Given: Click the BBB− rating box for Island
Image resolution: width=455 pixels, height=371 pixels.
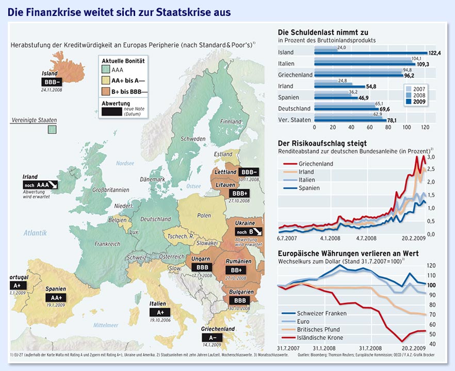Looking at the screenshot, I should [x=52, y=82].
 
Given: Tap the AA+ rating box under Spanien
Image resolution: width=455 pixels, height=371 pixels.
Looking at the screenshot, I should [x=56, y=298].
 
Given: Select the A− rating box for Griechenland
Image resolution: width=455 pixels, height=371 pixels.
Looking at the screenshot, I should [x=212, y=338].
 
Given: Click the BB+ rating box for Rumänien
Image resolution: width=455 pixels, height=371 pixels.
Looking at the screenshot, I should [x=237, y=270].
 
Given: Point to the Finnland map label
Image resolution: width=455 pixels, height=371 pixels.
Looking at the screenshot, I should [x=231, y=122].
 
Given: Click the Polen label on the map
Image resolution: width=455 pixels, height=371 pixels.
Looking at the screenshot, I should [x=204, y=215].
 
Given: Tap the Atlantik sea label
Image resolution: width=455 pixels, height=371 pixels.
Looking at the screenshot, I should [x=35, y=233].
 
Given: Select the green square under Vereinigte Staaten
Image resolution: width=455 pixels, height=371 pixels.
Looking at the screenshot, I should [x=52, y=129].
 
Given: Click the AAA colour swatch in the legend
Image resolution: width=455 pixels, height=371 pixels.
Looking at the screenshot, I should [x=107, y=70].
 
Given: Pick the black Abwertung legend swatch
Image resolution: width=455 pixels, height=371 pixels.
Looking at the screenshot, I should [x=115, y=111].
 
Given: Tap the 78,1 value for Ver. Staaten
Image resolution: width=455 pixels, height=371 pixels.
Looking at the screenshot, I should [x=395, y=121].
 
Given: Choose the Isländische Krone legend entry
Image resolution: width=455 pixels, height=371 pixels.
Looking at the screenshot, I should [x=320, y=338].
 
